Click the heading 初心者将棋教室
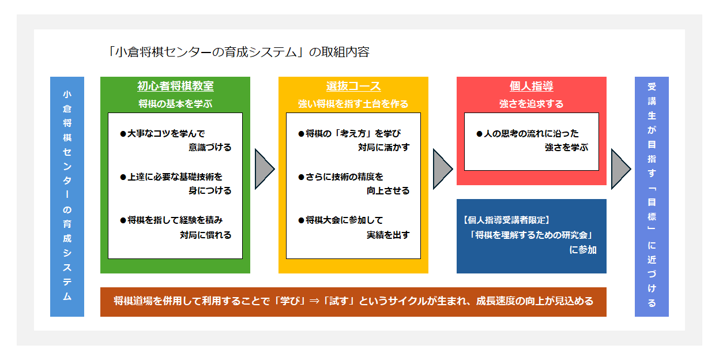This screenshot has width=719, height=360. pos(175,87)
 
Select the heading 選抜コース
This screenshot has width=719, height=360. pos(353,87)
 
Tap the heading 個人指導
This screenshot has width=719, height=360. pos(531,87)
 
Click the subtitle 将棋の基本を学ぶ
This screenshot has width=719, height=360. pos(175,104)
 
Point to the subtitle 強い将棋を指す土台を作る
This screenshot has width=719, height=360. pos(353,104)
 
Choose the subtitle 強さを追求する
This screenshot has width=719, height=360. pos(531,104)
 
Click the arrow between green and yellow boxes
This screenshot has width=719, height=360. pos(263,169)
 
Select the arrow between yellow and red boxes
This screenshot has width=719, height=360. pos(442,169)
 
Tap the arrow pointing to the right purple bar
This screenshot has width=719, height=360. pos(620,169)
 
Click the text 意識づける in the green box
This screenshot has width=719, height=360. pos(210,147)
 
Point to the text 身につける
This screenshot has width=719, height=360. pos(210,190)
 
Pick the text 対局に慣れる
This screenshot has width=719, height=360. pos(205,235)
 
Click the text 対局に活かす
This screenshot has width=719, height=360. pos(383,147)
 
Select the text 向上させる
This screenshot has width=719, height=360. pos(388,190)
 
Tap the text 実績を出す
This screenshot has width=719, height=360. pos(388,235)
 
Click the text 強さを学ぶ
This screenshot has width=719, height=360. pos(566,147)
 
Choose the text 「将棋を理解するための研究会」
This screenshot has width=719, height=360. pos(532,235)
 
